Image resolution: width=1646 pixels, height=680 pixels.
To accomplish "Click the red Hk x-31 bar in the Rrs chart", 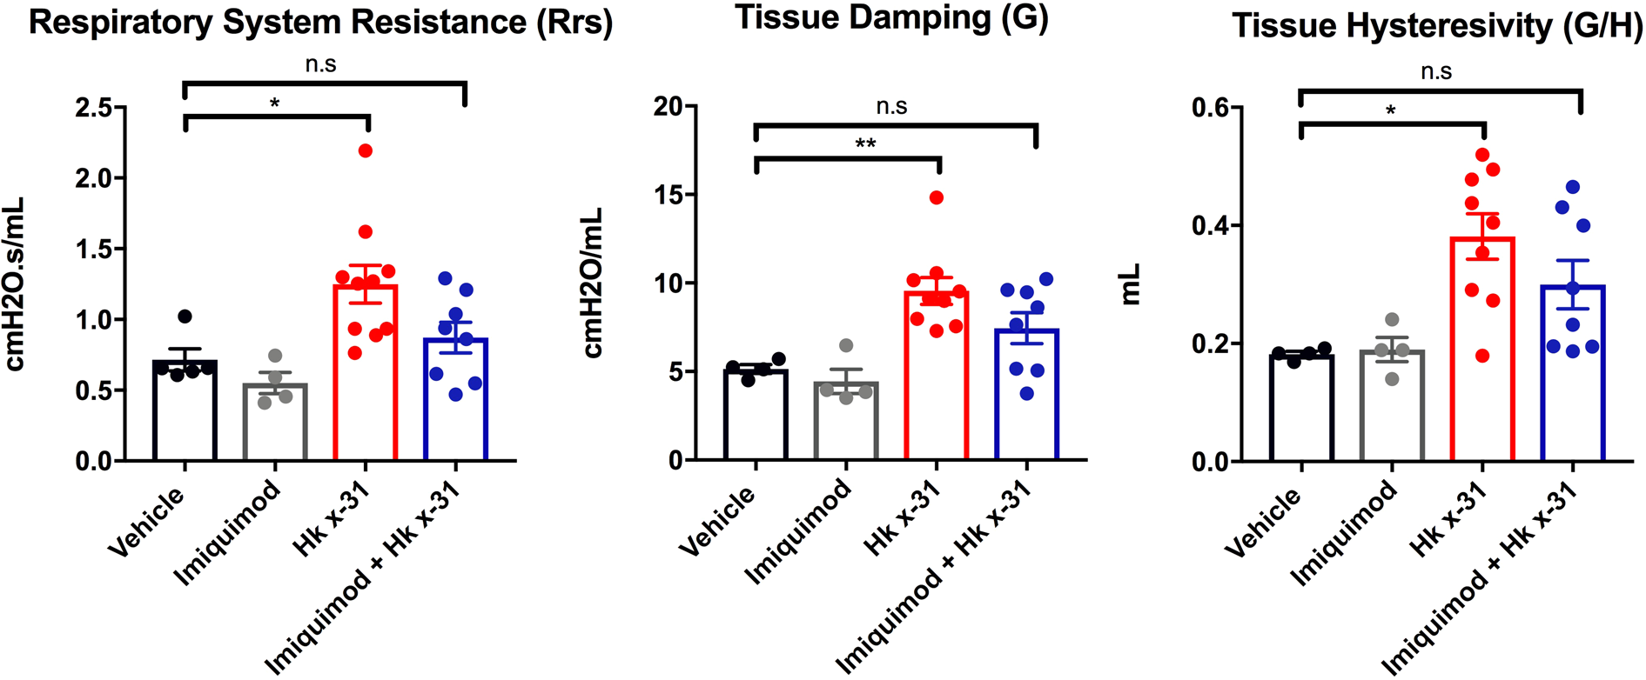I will pyautogui.click(x=366, y=383).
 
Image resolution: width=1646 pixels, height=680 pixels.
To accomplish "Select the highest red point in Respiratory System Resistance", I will pyautogui.click(x=366, y=151).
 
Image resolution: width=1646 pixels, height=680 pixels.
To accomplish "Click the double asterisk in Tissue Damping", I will pyautogui.click(x=865, y=143).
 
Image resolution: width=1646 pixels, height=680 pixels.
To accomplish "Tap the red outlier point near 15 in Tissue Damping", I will pyautogui.click(x=937, y=198).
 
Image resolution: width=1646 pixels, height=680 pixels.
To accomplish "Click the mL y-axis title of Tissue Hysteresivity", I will pyautogui.click(x=1130, y=284).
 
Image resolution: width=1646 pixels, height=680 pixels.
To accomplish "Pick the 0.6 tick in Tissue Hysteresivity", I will pyautogui.click(x=1211, y=109).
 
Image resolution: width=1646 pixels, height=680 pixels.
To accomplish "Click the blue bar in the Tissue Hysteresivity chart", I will pyautogui.click(x=1573, y=383).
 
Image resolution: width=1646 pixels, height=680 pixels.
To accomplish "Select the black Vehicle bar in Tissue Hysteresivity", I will pyautogui.click(x=1301, y=409).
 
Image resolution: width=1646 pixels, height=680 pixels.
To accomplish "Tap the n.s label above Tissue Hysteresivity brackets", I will pyautogui.click(x=1436, y=71).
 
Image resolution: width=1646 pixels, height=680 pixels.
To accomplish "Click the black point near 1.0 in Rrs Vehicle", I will pyautogui.click(x=185, y=317).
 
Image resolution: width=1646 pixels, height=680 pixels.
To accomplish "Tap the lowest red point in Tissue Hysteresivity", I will pyautogui.click(x=1482, y=356).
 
